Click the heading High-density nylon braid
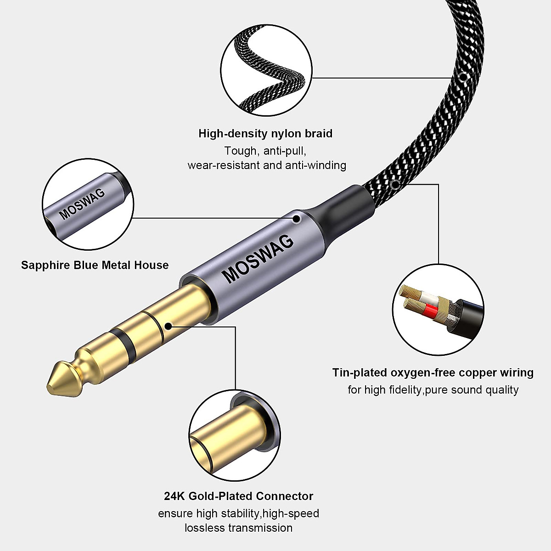click(x=265, y=134)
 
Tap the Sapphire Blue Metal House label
click(x=95, y=265)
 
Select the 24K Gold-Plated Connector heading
click(x=238, y=496)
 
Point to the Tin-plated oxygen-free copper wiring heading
click(x=433, y=372)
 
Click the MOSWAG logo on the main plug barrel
click(x=258, y=259)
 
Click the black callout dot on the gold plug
click(x=168, y=326)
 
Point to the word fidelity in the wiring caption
click(x=404, y=390)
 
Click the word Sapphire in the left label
click(x=45, y=265)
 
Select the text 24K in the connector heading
click(x=174, y=496)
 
